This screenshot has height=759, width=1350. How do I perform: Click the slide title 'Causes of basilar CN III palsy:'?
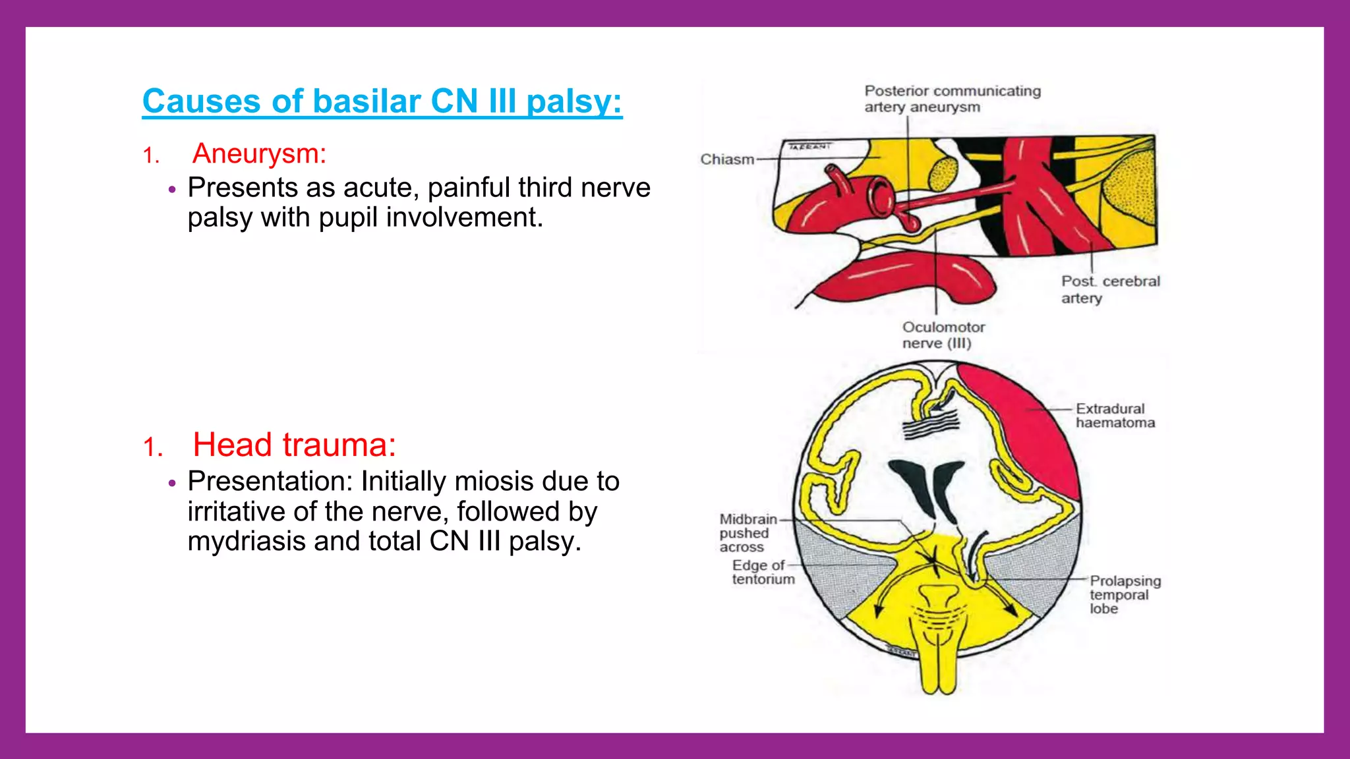pos(382,101)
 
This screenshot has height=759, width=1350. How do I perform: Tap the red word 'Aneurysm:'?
pos(259,154)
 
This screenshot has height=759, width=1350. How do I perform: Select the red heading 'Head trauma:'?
pos(294,445)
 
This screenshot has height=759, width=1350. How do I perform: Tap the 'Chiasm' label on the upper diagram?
pos(726,159)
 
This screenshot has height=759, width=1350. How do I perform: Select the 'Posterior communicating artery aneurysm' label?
pos(952,99)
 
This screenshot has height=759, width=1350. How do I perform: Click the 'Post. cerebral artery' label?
pos(1109,289)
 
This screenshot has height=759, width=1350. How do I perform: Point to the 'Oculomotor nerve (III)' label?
pos(943,335)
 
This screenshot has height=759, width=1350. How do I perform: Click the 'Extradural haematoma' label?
pos(1115,416)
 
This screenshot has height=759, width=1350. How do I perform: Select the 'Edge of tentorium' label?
pos(763,572)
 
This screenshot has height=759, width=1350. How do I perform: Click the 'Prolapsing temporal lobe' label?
pos(1124,594)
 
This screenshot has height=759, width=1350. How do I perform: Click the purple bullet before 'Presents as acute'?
pos(172,190)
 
